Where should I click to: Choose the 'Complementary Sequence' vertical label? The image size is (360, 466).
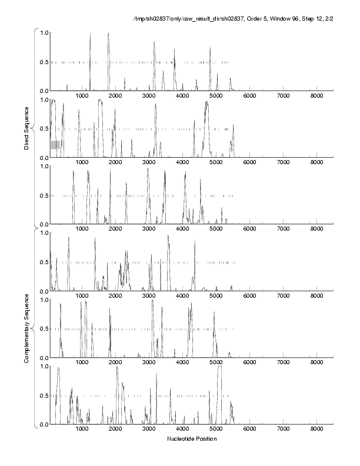[x=26, y=325]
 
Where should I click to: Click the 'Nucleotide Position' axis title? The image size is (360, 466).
[x=192, y=439]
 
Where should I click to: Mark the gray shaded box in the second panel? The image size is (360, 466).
[x=55, y=145]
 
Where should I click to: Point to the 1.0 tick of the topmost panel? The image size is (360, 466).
[x=43, y=32]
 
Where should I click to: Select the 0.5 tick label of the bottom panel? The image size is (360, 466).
[x=43, y=395]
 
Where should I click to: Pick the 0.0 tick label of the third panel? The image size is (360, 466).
[x=43, y=224]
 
